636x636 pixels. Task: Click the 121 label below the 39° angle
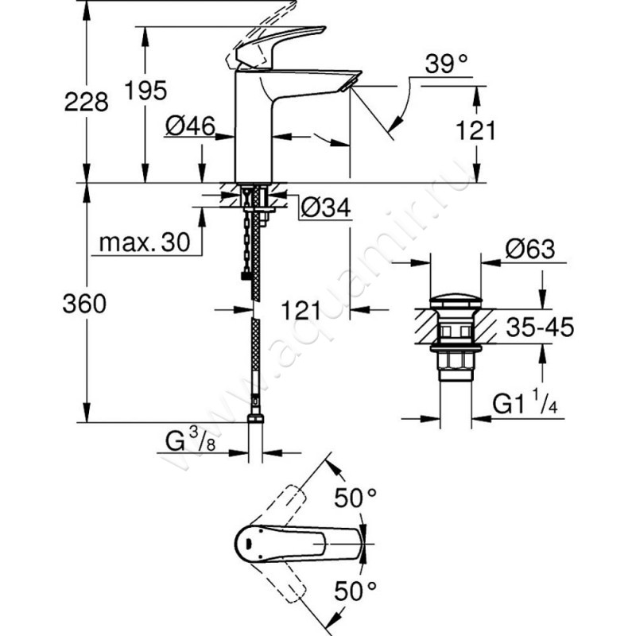(476, 130)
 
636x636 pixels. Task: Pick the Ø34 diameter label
(324, 207)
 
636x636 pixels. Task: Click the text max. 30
(146, 244)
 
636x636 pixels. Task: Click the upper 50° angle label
(354, 500)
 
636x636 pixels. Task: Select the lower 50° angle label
(354, 591)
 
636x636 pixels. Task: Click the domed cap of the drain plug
(453, 303)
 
